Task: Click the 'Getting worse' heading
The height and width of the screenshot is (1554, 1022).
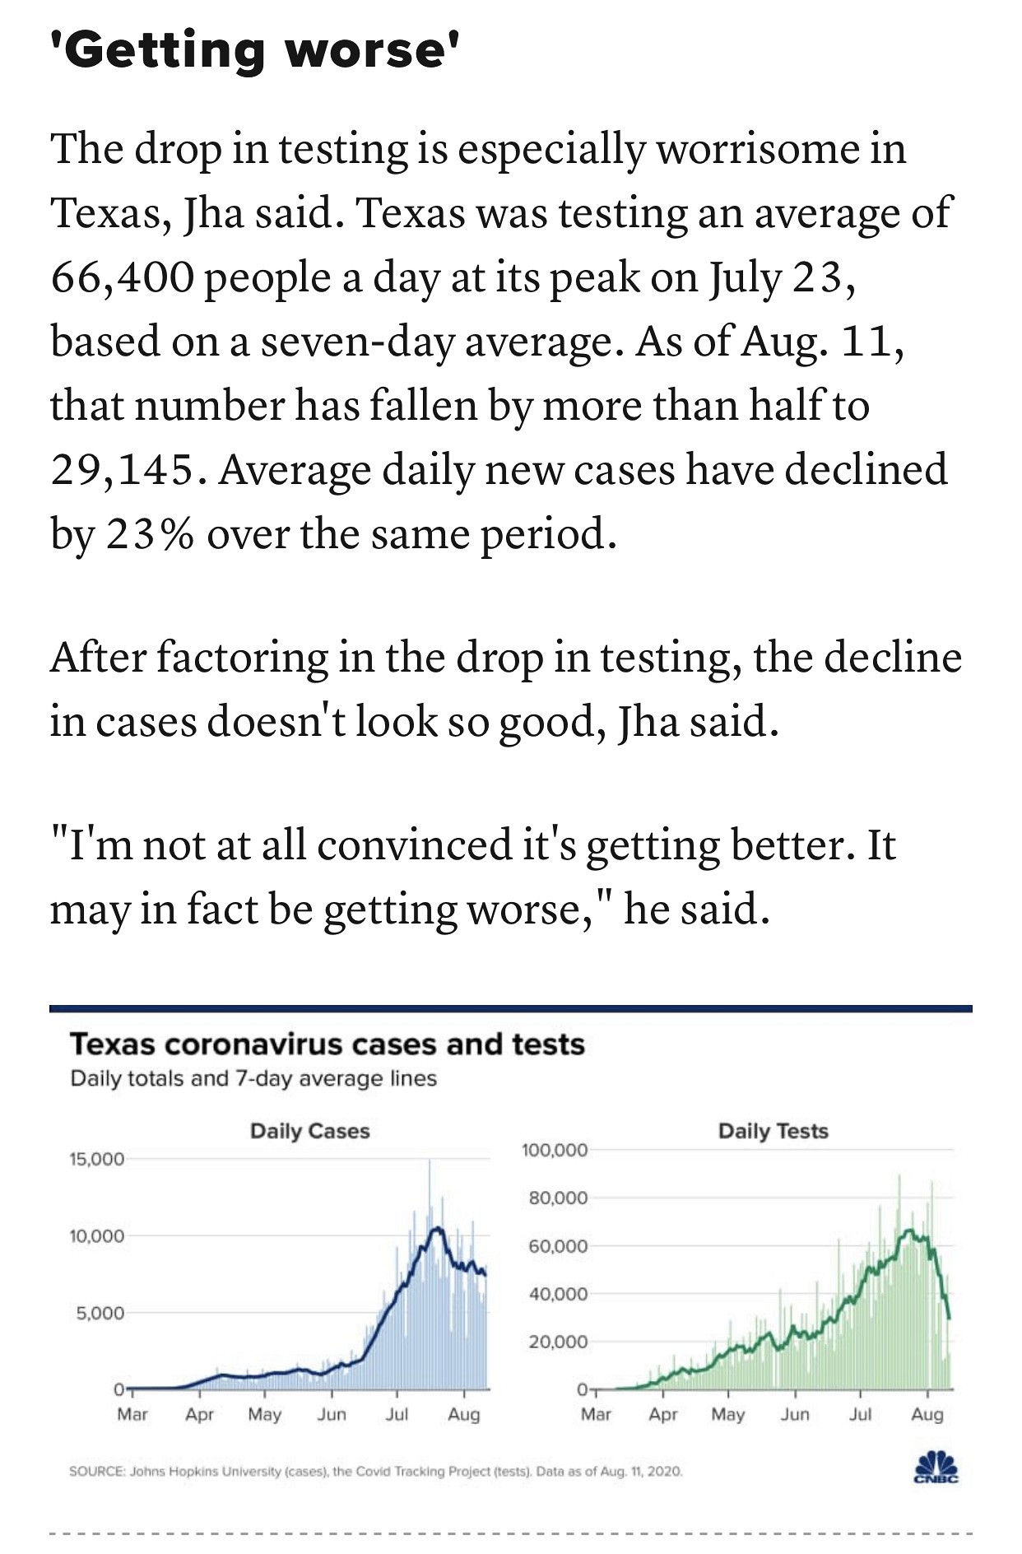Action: click(x=253, y=51)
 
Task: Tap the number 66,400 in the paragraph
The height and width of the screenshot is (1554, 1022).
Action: click(x=123, y=277)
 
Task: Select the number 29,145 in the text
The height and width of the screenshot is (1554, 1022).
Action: click(x=123, y=470)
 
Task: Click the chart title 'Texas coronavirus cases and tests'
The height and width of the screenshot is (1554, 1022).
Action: click(x=327, y=1044)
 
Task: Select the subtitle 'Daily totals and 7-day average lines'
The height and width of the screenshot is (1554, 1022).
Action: click(x=253, y=1078)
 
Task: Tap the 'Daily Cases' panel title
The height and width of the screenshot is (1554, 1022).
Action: click(x=309, y=1131)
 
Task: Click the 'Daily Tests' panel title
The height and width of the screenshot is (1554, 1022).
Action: click(x=773, y=1131)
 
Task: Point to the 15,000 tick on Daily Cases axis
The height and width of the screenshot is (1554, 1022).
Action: click(x=96, y=1159)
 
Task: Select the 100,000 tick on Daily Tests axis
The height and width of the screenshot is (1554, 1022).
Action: click(x=555, y=1150)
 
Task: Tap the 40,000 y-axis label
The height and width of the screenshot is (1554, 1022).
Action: click(x=559, y=1295)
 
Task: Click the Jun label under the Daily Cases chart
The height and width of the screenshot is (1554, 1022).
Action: click(x=332, y=1414)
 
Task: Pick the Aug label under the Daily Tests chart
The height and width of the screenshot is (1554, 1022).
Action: click(x=927, y=1414)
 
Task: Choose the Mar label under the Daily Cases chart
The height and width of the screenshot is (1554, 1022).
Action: click(x=132, y=1414)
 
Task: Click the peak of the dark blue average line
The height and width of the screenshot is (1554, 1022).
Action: click(x=436, y=1228)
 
